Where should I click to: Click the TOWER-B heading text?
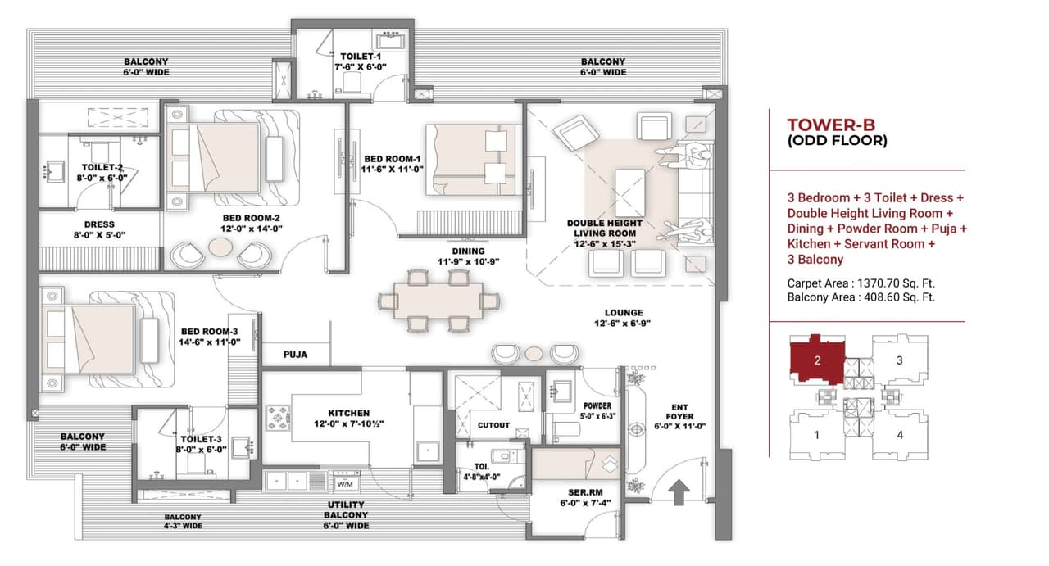click(x=831, y=125)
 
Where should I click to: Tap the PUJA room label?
click(x=295, y=355)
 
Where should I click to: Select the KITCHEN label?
click(x=349, y=414)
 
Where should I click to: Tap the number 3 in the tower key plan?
click(x=900, y=360)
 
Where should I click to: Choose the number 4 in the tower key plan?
click(x=900, y=435)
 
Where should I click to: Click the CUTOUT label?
click(x=493, y=425)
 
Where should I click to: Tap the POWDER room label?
click(x=597, y=405)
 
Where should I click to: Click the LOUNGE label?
click(x=624, y=313)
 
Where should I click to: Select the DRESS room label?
click(x=99, y=224)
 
